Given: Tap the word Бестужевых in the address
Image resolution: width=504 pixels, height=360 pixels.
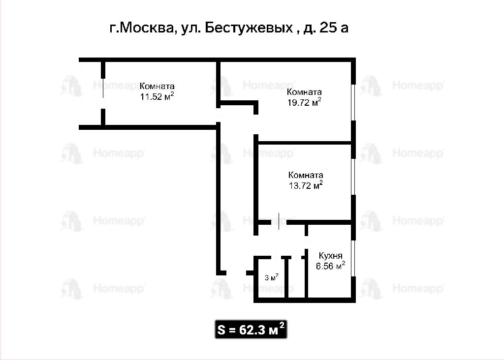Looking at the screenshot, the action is coord(249,28).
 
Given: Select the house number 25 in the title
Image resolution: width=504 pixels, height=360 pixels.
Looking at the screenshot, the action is coord(328,28).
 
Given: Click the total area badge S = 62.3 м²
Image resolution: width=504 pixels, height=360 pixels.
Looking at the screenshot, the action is coord(251,329).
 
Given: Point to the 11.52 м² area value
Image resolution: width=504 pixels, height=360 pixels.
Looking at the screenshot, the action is coord(157,96).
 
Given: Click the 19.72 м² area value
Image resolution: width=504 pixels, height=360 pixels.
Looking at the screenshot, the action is coord(304,102).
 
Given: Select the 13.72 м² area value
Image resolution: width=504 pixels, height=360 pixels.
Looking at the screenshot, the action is coord(306,185).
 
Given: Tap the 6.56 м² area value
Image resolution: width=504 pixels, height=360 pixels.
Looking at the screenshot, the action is coord(330,266).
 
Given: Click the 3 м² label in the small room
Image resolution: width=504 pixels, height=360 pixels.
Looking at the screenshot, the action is coord(271,277).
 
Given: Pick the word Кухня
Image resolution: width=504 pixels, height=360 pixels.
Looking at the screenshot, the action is coord(330,256).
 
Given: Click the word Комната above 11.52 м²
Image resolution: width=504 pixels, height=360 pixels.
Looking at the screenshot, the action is coord(157,86).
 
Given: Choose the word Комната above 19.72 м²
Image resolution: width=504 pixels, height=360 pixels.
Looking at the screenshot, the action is coord(304,92).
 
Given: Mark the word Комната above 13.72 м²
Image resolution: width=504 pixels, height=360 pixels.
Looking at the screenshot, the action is coord(306,175).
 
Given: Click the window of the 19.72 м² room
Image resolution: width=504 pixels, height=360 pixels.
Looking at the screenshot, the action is coord(353,102).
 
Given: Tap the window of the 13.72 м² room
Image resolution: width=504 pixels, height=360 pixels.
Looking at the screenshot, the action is coord(353,177).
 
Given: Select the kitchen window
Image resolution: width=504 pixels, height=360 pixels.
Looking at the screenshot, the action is coord(353,258).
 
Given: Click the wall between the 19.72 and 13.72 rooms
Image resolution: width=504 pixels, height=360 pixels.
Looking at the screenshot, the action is coord(304,142).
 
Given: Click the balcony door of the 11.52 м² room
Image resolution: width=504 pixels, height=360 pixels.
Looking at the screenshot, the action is coord(103,93).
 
